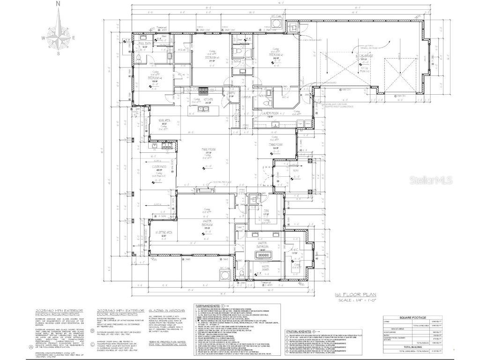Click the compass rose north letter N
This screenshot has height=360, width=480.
point(58,3)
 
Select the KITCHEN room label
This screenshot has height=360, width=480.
point(208,99)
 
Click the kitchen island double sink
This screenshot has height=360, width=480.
point(203,109)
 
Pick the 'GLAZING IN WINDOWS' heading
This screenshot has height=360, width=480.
point(166,311)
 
